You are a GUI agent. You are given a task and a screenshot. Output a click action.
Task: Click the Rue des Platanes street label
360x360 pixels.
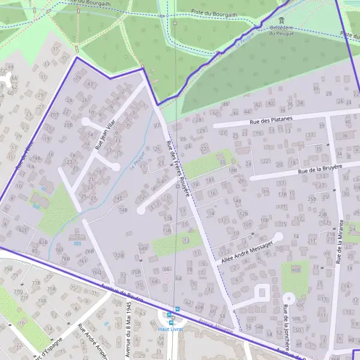(271, 121)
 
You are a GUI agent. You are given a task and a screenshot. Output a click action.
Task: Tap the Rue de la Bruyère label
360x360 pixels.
(320, 170)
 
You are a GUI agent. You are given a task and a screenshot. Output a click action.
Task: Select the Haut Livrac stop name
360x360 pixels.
(170, 329)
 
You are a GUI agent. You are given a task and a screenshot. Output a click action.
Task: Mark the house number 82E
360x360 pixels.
(23, 229)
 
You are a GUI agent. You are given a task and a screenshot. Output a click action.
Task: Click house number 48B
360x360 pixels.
(295, 270)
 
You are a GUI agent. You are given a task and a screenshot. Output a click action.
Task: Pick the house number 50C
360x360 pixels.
(299, 305)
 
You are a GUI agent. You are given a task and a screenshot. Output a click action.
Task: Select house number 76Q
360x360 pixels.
(96, 272)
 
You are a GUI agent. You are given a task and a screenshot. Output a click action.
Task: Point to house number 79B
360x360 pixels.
(8, 269)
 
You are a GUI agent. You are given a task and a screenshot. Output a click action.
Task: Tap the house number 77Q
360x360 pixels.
(19, 291)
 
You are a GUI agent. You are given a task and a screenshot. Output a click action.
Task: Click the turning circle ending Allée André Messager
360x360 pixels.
(278, 236)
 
